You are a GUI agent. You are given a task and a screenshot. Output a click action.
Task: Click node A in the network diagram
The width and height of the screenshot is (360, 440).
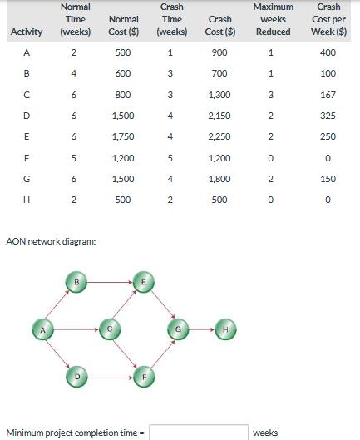[x=42, y=329]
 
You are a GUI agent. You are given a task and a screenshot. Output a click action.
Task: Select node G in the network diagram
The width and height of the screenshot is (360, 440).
[x=178, y=329]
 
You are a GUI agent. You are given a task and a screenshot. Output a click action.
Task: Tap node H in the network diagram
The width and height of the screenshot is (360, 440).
[x=225, y=329]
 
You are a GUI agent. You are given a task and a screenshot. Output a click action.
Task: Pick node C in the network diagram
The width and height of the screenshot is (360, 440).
[x=110, y=329]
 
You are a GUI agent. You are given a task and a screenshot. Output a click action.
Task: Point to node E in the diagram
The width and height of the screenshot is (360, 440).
[x=143, y=282]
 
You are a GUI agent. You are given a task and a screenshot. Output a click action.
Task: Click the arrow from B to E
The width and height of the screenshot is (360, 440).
[x=110, y=282]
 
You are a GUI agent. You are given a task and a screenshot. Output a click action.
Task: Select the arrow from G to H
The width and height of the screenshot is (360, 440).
[x=202, y=329]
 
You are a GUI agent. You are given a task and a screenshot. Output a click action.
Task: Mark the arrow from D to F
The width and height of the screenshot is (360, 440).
[x=110, y=378]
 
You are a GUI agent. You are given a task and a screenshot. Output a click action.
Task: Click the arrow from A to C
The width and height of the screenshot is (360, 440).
[x=76, y=329]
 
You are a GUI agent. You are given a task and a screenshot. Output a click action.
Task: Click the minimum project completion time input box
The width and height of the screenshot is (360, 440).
[x=199, y=433]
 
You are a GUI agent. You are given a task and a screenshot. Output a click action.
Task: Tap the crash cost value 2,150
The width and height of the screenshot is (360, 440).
[x=219, y=116]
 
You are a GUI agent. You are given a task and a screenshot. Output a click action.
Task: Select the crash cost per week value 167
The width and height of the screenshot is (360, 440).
[x=328, y=95]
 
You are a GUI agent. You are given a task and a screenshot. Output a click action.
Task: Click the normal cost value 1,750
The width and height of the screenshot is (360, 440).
[x=123, y=136]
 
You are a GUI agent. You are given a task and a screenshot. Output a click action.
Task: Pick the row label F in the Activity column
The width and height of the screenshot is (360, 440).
[x=27, y=158]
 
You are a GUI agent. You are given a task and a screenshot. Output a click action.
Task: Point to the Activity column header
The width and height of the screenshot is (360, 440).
[x=27, y=32]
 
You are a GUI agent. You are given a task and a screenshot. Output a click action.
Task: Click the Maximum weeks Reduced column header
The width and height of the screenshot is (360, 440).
[x=274, y=19]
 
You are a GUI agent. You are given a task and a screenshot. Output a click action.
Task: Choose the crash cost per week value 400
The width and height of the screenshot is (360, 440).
[x=328, y=52]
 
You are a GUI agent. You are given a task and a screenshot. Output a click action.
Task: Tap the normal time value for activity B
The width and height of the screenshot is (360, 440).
[x=73, y=73]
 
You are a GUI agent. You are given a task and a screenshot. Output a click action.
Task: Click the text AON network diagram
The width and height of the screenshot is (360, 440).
[x=51, y=241]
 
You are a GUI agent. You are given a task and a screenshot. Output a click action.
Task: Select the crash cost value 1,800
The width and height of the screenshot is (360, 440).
[x=219, y=179]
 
